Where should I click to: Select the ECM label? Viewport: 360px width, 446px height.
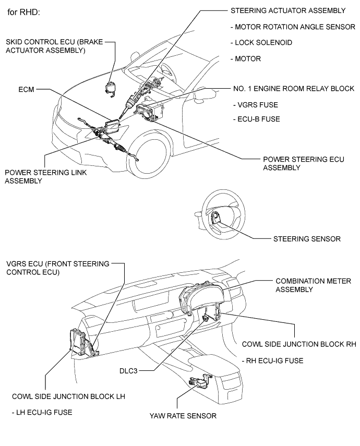24,89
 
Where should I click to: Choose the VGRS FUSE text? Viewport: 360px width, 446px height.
256,104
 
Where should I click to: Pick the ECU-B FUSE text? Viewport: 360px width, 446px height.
256,119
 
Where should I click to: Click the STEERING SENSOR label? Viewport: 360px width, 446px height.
307,239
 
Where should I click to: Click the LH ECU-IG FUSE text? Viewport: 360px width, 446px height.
42,412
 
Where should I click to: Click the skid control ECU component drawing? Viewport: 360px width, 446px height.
111,88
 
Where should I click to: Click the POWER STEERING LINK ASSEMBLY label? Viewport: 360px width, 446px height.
46,176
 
